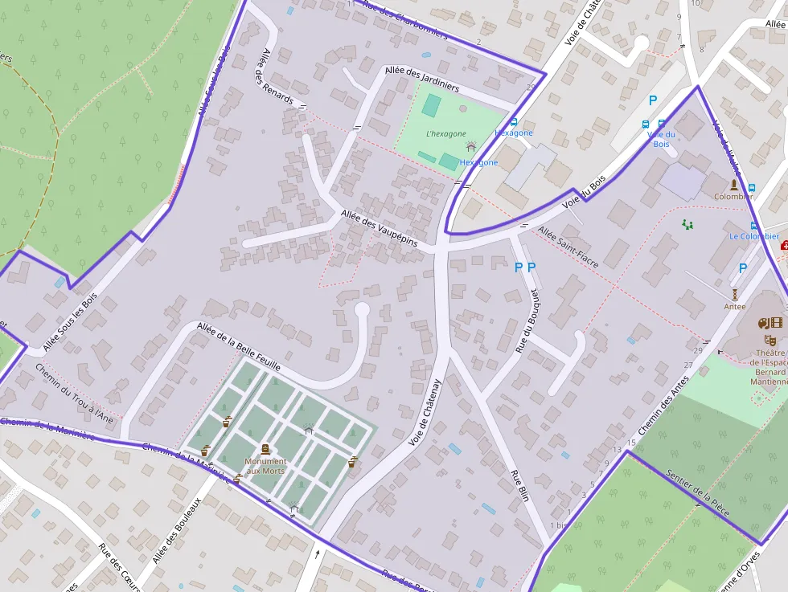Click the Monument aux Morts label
click(265, 465)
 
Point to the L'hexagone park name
click(446, 133)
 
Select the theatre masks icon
click(764, 323)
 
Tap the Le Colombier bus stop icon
click(753, 226)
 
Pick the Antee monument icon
click(735, 295)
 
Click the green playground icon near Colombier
click(687, 225)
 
